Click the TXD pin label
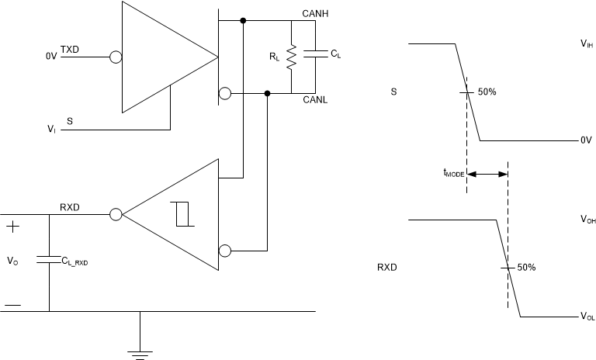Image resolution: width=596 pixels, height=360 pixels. (70, 50)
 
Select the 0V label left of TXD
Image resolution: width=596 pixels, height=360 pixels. (52, 56)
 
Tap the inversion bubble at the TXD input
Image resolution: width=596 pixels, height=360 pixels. (116, 56)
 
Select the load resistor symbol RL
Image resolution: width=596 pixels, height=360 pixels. (291, 57)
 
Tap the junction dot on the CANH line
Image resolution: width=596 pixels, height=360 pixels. (244, 20)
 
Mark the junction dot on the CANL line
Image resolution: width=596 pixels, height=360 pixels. (268, 94)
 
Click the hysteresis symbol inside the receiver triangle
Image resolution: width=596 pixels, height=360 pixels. (183, 213)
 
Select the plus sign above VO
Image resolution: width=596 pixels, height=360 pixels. (13, 227)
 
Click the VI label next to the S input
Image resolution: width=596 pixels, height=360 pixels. (50, 130)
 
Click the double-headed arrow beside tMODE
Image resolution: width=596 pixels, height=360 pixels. (487, 175)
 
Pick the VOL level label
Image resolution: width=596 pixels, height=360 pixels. (587, 317)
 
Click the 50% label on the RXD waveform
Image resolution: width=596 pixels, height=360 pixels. (526, 267)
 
